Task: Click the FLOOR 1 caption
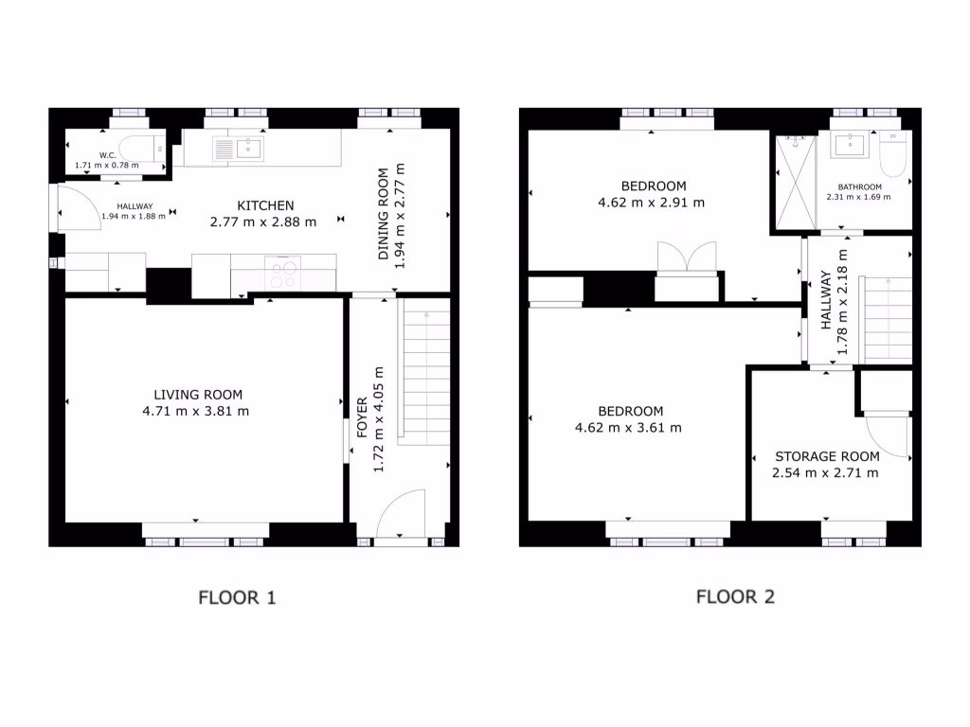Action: (236, 597)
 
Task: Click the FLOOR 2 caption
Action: (735, 596)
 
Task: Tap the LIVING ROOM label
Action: (198, 395)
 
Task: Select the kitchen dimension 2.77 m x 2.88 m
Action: (262, 222)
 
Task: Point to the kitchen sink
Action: (249, 148)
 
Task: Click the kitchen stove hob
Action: (283, 275)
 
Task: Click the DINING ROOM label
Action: (384, 216)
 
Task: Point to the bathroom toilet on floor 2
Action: (893, 151)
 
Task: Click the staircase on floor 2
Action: (885, 319)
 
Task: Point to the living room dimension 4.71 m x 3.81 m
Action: (198, 411)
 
